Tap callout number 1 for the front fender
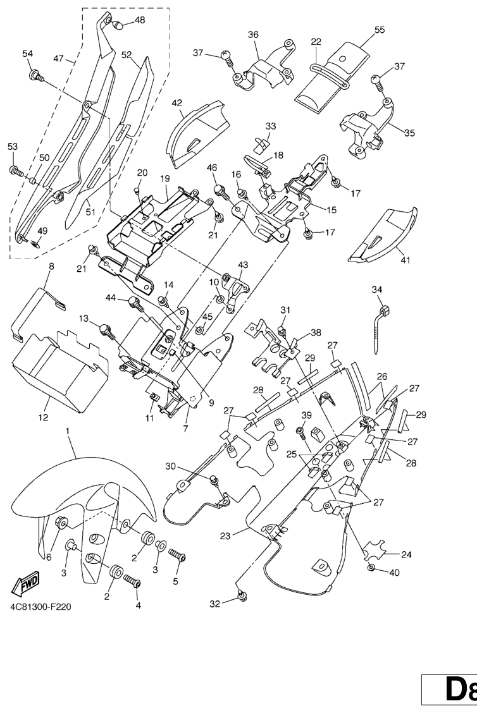click(x=67, y=430)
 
